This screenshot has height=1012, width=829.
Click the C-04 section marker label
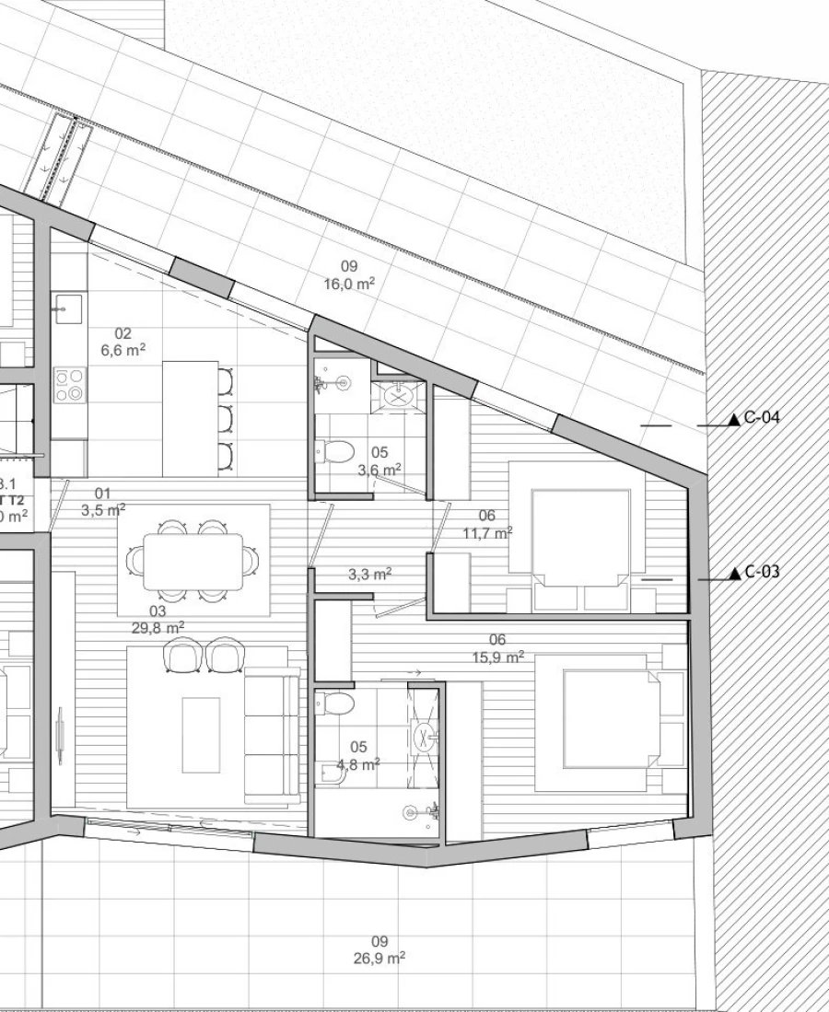[x=762, y=418]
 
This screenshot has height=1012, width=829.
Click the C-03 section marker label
[x=762, y=572]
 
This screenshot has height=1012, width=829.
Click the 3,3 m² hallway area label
[x=369, y=574]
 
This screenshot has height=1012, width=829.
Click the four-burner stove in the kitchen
[x=68, y=385]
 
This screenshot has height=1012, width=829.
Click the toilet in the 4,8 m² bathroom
[x=338, y=704]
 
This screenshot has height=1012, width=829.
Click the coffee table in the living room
[x=200, y=734]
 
